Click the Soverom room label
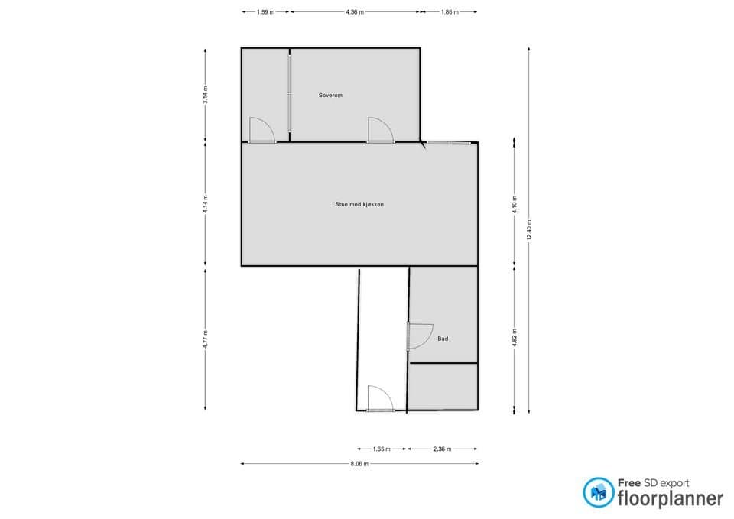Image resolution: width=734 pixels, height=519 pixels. [x=330, y=95]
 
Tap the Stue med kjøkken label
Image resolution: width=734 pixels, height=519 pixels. [x=359, y=204]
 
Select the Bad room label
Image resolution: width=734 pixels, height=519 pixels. [x=443, y=339]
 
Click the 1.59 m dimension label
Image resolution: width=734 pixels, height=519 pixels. [x=265, y=12]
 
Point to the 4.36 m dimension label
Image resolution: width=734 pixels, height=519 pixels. [x=355, y=12]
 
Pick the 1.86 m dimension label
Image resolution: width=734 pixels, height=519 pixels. [x=450, y=12]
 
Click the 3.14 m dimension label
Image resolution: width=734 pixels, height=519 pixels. [x=206, y=95]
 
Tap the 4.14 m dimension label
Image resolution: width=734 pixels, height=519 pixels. [x=206, y=204]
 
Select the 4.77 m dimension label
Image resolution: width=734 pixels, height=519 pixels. [x=206, y=339]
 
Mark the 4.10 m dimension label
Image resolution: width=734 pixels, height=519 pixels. [x=515, y=204]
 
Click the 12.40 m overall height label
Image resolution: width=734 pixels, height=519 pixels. [x=529, y=230]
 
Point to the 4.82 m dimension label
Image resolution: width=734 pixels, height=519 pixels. [x=515, y=338]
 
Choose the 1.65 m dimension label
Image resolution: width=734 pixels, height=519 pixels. [x=382, y=449]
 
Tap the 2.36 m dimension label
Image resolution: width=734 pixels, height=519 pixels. [x=443, y=449]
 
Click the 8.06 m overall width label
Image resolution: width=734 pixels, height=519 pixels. [x=359, y=464]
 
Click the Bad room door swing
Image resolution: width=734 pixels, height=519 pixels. [x=420, y=336]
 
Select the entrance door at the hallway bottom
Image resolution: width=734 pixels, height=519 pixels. [x=380, y=399]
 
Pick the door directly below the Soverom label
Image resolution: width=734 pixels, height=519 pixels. [x=380, y=130]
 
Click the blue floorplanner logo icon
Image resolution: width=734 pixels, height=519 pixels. [x=598, y=492]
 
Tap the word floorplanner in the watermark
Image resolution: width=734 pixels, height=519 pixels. [x=671, y=499]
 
